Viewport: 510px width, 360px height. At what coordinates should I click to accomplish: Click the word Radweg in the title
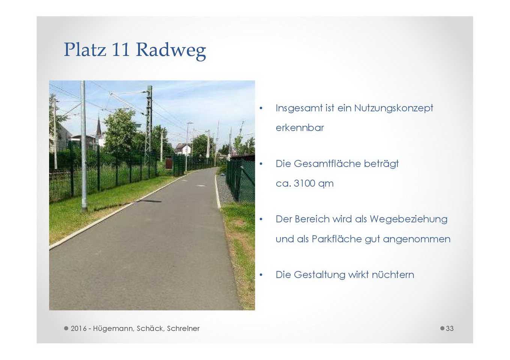[x=171, y=51]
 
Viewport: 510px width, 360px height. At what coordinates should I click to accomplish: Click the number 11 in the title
[x=121, y=49]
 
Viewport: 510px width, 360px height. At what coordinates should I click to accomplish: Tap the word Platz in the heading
[x=85, y=49]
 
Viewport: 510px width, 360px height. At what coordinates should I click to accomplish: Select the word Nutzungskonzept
[x=394, y=108]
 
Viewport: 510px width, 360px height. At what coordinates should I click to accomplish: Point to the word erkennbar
[x=299, y=127]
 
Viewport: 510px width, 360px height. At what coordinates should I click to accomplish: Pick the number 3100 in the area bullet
[x=304, y=183]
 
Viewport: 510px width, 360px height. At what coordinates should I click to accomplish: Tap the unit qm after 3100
[x=326, y=184]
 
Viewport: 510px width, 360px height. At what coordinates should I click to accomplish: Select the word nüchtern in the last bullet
[x=393, y=274]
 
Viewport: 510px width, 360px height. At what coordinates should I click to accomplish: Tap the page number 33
[x=450, y=328]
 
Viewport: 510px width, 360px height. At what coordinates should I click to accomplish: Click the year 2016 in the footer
[x=78, y=328]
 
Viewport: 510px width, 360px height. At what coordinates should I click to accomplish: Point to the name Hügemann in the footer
[x=113, y=329]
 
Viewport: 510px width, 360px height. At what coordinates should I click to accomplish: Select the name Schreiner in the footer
[x=183, y=328]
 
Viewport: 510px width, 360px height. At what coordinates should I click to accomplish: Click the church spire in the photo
[x=99, y=126]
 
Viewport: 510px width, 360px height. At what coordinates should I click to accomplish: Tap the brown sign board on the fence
[x=168, y=163]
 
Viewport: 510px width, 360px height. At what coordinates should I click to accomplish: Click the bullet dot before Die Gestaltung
[x=261, y=275]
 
